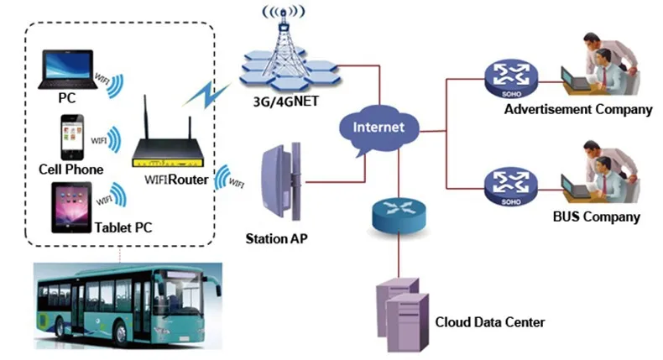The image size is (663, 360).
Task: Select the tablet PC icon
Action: [71, 209]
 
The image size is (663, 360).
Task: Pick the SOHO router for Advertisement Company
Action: [509, 80]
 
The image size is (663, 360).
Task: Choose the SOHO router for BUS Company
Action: [509, 187]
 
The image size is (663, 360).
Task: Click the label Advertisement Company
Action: [577, 110]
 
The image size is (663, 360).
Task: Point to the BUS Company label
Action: [597, 217]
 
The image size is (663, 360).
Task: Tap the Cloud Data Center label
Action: [489, 321]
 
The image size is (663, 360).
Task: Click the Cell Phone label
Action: [70, 170]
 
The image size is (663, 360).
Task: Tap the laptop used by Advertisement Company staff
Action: [577, 80]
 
